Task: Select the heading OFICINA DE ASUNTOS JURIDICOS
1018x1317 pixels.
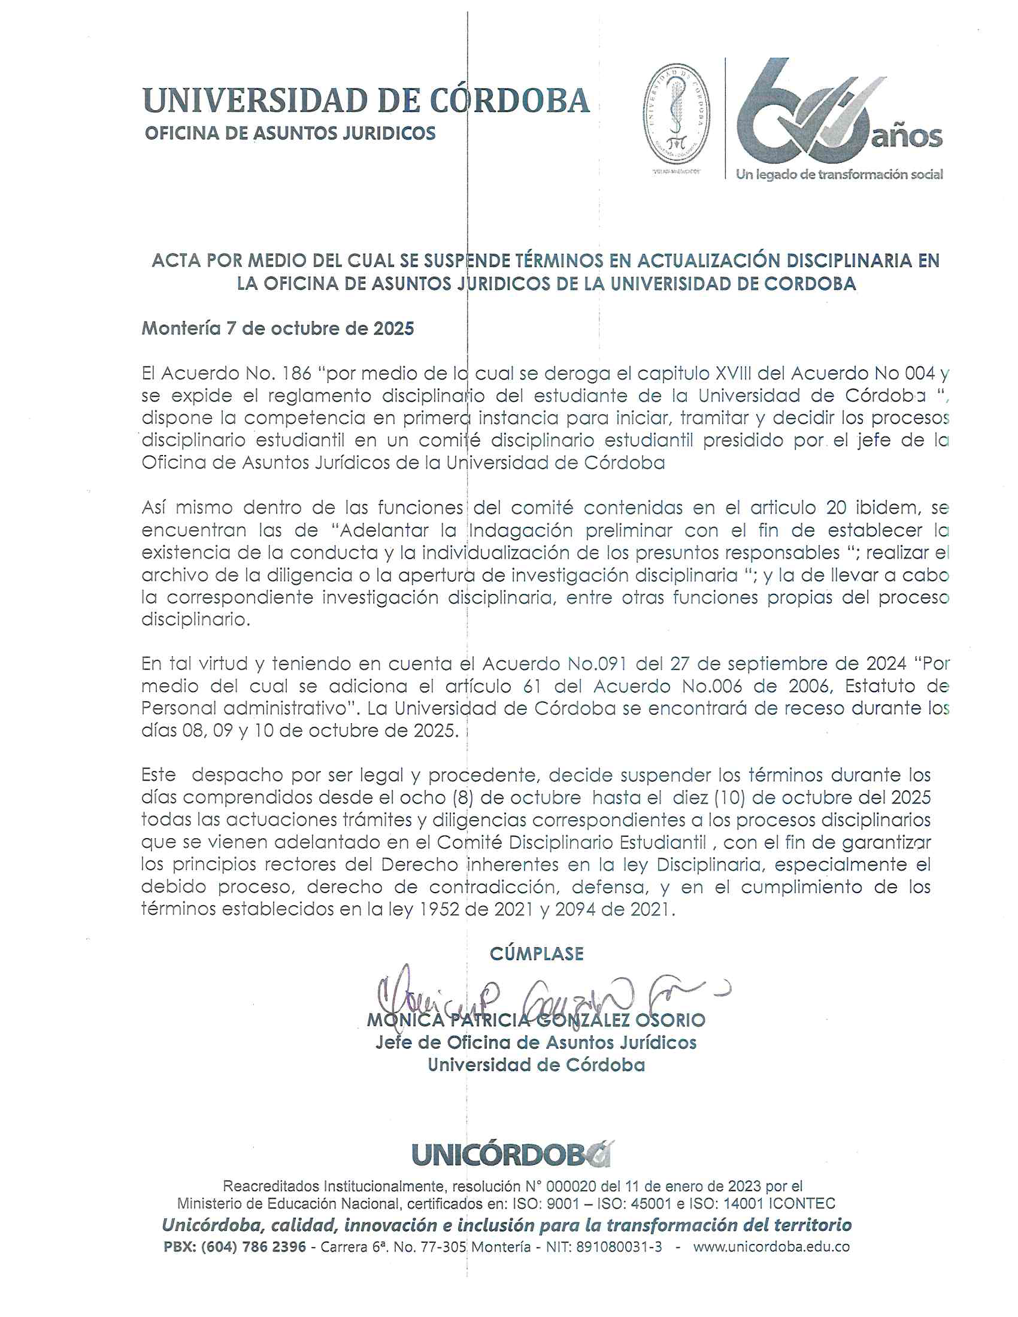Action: (290, 133)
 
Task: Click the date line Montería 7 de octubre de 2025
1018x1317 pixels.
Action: (277, 329)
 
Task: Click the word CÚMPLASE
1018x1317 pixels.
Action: (536, 954)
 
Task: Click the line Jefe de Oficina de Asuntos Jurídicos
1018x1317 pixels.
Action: (536, 1043)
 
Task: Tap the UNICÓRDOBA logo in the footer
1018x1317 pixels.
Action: (511, 1155)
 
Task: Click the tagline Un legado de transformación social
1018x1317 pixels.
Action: (839, 175)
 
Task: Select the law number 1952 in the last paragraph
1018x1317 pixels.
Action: (440, 909)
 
